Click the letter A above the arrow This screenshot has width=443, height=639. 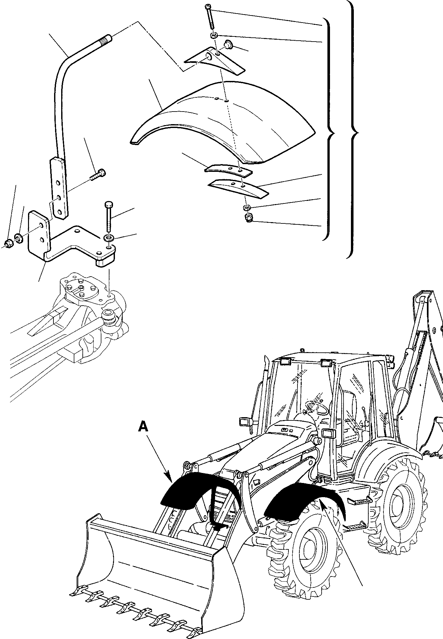[143, 427]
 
